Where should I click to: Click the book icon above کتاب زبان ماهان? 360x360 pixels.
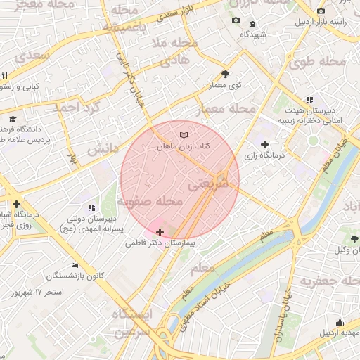point(184,134)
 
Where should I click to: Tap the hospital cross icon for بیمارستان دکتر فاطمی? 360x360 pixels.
point(160,232)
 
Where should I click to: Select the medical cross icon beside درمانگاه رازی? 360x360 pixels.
point(264,144)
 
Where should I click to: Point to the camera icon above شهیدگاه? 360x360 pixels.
point(235,20)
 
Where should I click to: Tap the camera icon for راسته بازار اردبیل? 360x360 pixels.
point(321,11)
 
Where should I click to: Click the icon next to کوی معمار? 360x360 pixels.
point(225,74)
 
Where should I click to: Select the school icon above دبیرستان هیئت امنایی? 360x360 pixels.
point(309,101)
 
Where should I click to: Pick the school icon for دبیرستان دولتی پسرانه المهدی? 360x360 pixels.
point(91,208)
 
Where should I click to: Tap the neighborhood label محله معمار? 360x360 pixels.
point(232,109)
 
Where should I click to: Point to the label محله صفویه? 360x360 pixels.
point(150,202)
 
